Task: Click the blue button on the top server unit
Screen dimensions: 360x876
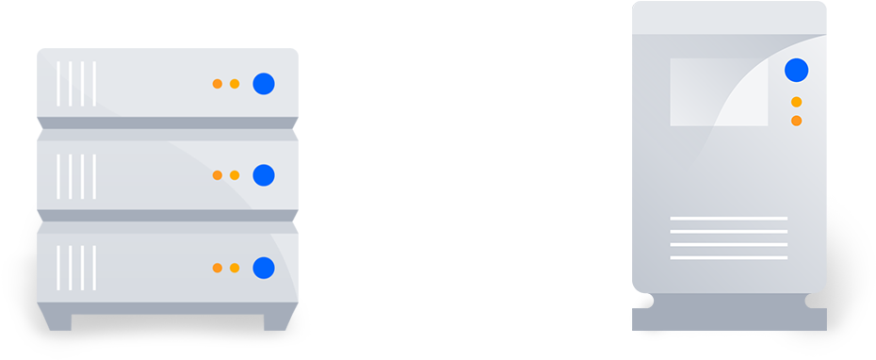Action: pos(264,84)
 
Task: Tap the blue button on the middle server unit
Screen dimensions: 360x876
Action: pos(264,175)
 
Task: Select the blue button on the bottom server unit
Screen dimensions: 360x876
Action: pos(264,268)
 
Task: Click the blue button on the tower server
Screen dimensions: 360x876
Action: pos(797,70)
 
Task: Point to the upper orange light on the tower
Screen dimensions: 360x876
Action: pos(797,102)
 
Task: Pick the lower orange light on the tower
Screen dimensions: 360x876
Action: pos(797,121)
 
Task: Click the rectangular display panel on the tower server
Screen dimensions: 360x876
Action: pos(719,92)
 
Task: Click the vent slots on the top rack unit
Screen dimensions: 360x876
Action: pos(76,84)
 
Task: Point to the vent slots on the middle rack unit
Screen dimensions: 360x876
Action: pos(76,175)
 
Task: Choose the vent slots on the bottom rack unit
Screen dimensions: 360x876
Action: pos(76,268)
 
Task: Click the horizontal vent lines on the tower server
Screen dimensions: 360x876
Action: pos(728,237)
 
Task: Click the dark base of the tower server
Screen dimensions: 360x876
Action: pos(729,312)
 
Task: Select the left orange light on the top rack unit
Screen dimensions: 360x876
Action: pos(218,84)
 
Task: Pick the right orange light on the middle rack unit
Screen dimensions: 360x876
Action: pos(235,175)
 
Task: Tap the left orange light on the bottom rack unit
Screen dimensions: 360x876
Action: pos(218,268)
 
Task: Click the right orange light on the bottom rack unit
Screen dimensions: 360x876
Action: pos(235,268)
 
